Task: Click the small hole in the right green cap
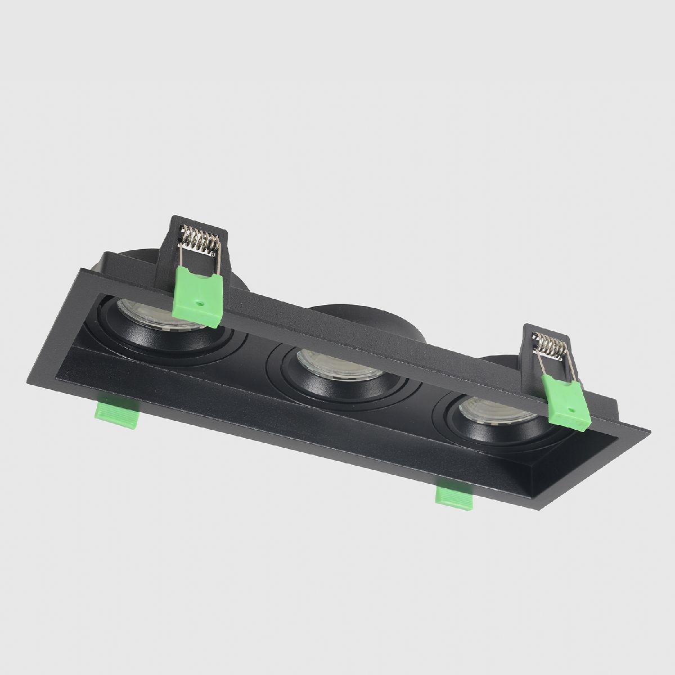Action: (573, 412)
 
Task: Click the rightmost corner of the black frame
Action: (649, 432)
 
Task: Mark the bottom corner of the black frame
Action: (529, 511)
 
